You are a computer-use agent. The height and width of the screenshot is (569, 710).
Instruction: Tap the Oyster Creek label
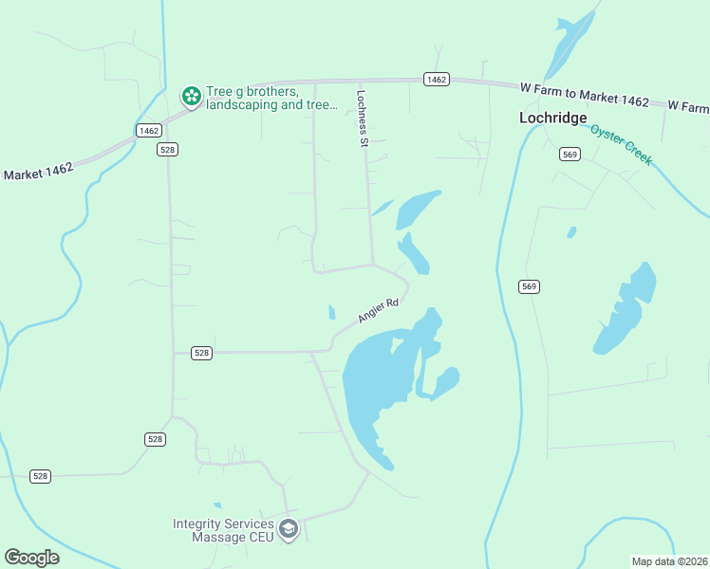coord(622,144)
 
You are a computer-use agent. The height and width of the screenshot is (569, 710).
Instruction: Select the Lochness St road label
coord(362,119)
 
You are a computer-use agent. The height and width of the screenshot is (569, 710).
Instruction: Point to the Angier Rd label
coord(378,310)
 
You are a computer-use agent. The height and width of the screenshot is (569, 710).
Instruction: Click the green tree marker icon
coord(191,96)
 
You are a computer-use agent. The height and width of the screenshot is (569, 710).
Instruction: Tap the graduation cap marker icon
coord(289,529)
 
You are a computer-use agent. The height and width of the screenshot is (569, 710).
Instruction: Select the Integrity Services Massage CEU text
coord(223,531)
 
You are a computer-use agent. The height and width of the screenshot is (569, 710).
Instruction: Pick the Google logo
coord(31,558)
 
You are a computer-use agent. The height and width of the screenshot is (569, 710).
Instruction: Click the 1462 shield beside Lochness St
coord(437,80)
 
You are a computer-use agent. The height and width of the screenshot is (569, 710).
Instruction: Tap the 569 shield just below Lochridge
coord(570,155)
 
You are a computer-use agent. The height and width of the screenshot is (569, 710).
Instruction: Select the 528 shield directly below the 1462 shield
coord(168,150)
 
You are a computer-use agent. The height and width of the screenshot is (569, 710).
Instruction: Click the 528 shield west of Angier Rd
coord(201,353)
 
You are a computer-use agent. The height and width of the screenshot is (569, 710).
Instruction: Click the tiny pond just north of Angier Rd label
coord(331,312)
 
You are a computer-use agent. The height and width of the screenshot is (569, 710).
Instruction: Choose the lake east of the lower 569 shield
coord(626,308)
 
